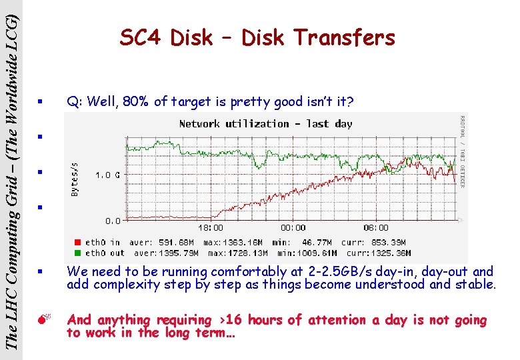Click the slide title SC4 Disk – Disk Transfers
[x=257, y=39]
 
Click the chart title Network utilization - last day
[x=265, y=123]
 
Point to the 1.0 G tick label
[x=108, y=175]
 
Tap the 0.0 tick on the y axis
[x=110, y=220]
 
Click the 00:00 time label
[x=293, y=228]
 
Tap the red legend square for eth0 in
[x=78, y=242]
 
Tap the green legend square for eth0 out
[x=78, y=253]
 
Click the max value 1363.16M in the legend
[x=231, y=242]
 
